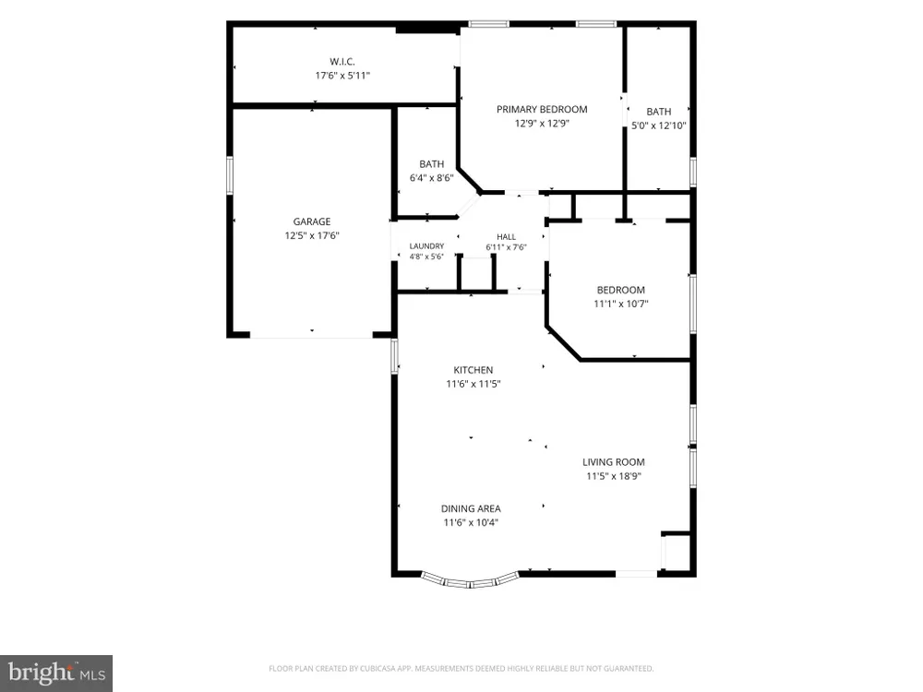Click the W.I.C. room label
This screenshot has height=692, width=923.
point(342,61)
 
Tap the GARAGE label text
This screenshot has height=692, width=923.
point(311,221)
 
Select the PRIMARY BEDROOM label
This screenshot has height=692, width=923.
point(542,109)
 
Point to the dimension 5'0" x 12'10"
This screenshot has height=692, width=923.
point(659,125)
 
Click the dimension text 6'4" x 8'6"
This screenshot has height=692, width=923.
point(431,178)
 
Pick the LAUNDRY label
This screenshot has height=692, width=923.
point(426,246)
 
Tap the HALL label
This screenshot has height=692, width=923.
point(506,236)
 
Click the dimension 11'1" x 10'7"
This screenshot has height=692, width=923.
point(620,304)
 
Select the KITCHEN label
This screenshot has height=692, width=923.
point(473,370)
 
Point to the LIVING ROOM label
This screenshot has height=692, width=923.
point(614,462)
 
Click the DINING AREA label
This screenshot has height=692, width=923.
point(471,508)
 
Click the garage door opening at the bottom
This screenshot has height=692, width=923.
point(311,337)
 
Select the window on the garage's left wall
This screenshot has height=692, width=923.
point(230,174)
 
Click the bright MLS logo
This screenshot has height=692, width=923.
point(56,674)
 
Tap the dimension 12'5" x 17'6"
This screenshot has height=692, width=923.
point(311,235)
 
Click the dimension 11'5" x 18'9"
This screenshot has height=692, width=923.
point(614,476)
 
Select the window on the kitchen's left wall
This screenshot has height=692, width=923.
point(395,355)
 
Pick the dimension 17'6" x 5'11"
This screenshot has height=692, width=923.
point(342,76)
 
